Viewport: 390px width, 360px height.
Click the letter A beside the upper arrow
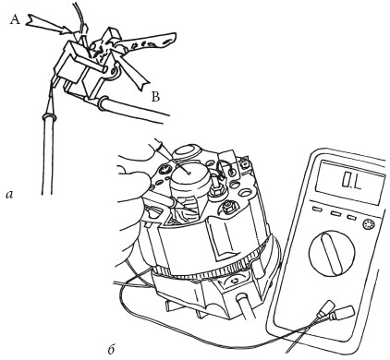(15, 20)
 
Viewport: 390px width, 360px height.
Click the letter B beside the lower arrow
(156, 97)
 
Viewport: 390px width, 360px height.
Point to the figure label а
(9, 195)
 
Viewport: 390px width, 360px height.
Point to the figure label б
(112, 350)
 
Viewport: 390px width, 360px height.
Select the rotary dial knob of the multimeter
(331, 253)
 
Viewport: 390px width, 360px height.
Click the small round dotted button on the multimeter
(369, 224)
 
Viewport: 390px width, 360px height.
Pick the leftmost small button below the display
(317, 210)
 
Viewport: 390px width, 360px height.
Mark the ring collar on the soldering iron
(49, 117)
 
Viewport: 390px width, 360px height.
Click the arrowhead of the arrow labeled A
(69, 30)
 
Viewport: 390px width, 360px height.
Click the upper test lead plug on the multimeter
(326, 308)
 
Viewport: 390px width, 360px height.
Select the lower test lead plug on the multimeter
(341, 313)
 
